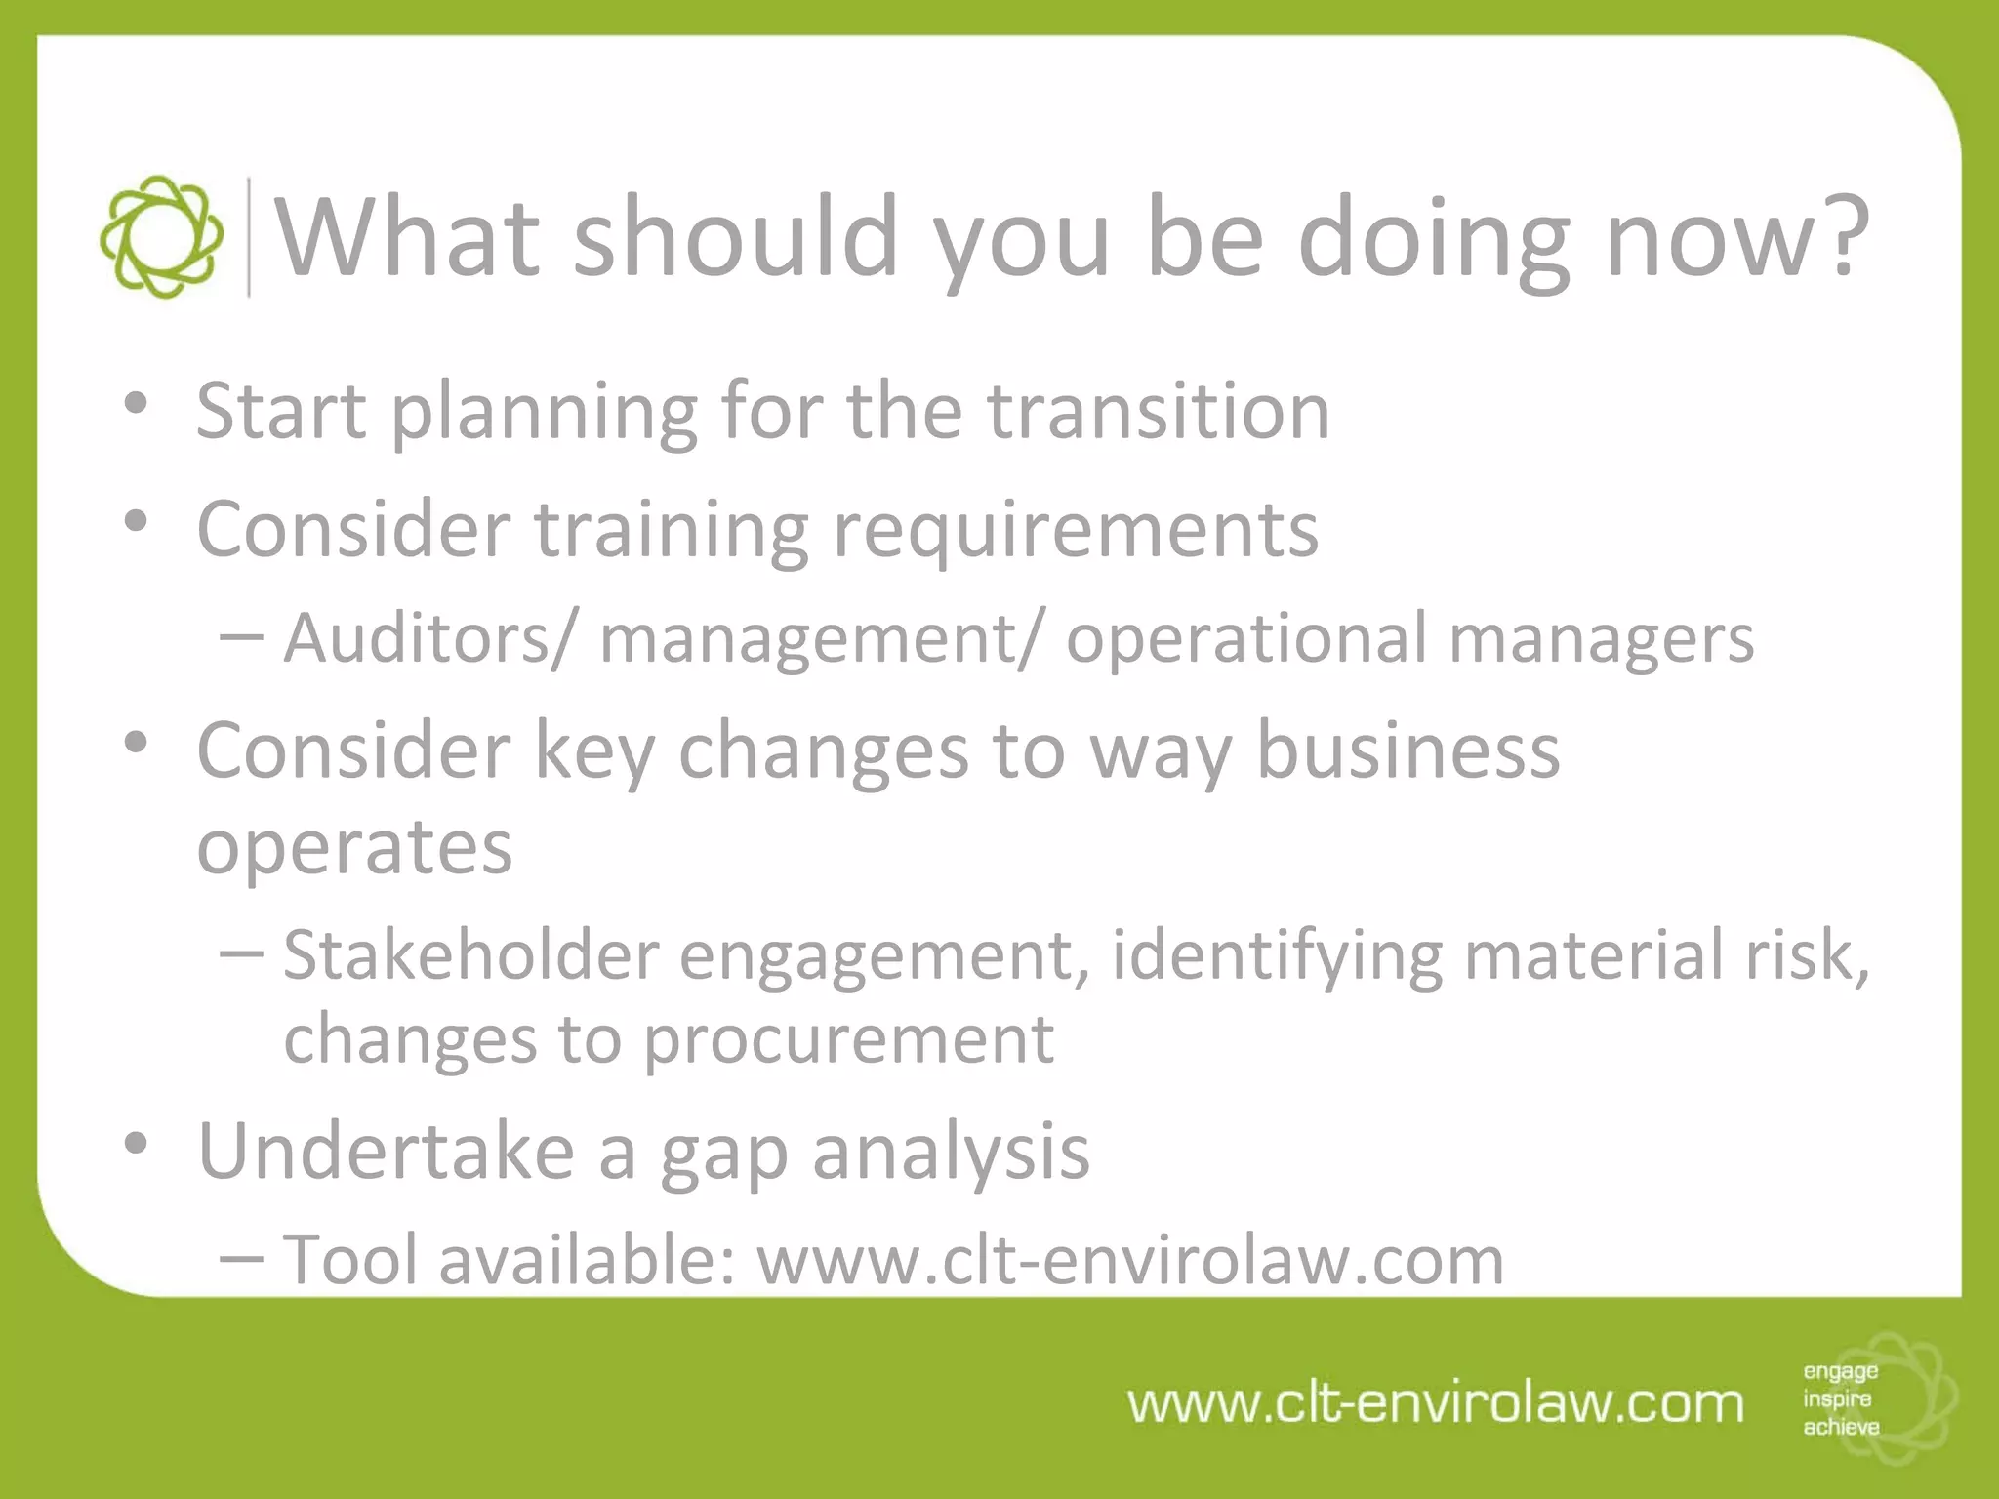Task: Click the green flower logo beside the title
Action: pos(161,237)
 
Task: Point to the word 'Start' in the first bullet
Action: pos(281,411)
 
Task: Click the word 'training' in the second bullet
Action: pos(672,530)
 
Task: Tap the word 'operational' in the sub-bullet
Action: pos(1246,639)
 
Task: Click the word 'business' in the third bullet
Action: pos(1407,750)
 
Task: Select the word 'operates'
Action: pos(354,846)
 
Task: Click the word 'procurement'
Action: pos(848,1038)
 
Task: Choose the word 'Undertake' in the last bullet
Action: pos(387,1152)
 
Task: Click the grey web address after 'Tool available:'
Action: pos(1130,1260)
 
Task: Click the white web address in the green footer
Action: pos(1435,1403)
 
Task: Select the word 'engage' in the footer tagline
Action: pos(1840,1372)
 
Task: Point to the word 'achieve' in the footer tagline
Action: pos(1841,1427)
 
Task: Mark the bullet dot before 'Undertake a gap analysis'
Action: pos(137,1142)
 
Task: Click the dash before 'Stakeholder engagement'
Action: pos(241,952)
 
